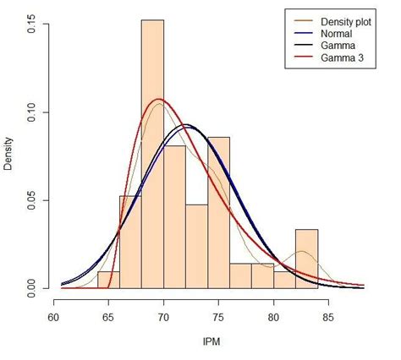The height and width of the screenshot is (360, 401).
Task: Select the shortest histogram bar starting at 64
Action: coord(108,280)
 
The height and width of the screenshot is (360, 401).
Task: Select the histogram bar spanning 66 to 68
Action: coord(130,242)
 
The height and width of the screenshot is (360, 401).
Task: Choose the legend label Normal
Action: coord(335,33)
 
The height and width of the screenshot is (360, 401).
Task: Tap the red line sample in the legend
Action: coord(301,58)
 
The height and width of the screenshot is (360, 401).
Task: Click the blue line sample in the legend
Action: coord(301,33)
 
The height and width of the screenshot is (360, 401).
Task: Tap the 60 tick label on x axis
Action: coord(52,318)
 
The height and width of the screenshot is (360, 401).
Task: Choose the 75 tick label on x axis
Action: coord(218,318)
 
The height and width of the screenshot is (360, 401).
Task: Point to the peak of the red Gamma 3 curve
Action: coord(158,100)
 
